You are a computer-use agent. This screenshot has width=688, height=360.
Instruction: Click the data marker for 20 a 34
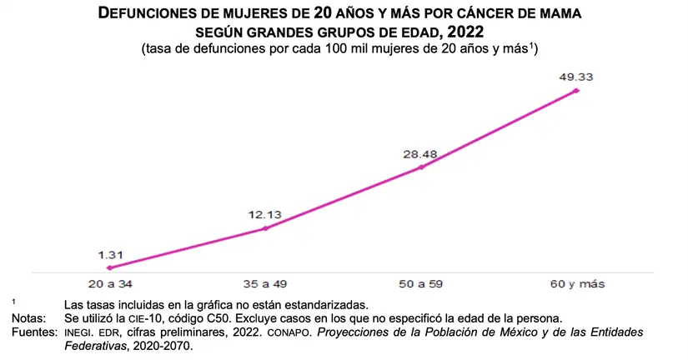(110, 267)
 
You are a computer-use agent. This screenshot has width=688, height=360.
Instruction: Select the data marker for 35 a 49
(265, 227)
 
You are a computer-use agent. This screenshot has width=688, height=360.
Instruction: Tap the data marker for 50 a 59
(421, 167)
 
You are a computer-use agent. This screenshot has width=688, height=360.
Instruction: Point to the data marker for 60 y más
(576, 90)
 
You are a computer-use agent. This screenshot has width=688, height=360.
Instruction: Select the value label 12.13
(265, 214)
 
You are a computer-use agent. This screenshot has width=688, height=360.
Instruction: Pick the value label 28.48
(420, 153)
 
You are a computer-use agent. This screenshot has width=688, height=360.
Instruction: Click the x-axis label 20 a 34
(110, 284)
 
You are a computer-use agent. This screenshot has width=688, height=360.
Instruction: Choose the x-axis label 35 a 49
(265, 284)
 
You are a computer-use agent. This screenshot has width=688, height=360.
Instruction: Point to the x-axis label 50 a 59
(421, 284)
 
